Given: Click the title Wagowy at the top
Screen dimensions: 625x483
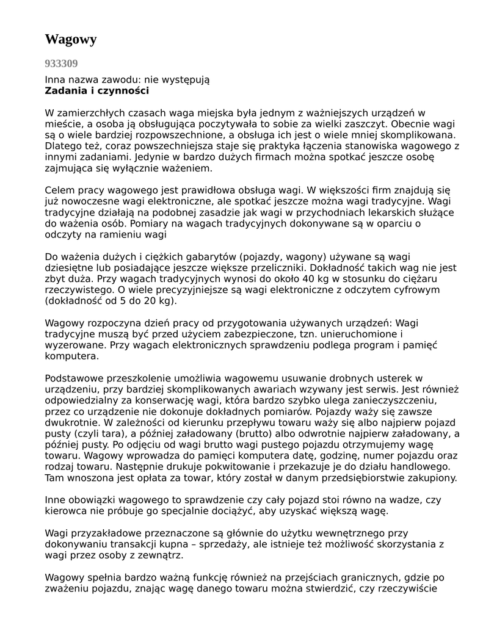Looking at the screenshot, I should click(x=71, y=40).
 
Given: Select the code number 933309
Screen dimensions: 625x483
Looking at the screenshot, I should click(x=61, y=63).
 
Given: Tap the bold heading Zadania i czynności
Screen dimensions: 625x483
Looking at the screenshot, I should click(x=96, y=91).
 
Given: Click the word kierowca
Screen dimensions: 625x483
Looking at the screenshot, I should click(x=67, y=511).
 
